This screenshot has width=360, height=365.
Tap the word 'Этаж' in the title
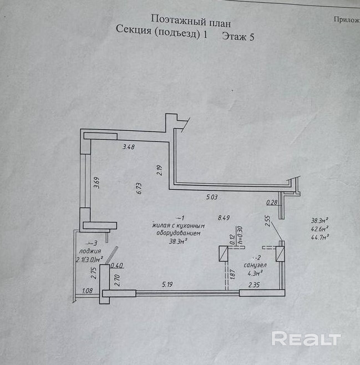tap(235, 36)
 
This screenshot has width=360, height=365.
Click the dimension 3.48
tap(129, 146)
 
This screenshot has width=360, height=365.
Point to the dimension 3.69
tap(96, 182)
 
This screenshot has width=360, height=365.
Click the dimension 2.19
tap(159, 171)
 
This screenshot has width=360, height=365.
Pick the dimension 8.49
tap(224, 218)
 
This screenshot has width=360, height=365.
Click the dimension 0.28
tap(272, 202)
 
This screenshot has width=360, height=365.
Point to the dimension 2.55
tap(267, 221)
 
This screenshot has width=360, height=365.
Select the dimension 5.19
tap(168, 285)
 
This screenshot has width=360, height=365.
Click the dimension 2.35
tap(254, 285)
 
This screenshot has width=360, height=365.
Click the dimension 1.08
tap(87, 290)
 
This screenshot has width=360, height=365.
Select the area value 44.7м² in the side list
tap(321, 236)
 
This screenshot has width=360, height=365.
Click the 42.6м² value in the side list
tap(320, 227)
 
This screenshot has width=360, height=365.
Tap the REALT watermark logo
tap(305, 338)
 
